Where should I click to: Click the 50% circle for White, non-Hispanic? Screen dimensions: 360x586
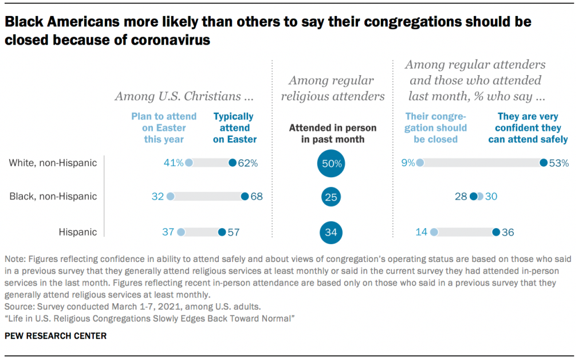(331, 163)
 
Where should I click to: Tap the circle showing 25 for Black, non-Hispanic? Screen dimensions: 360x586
(331, 197)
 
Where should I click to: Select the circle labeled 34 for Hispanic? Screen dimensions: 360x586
(331, 232)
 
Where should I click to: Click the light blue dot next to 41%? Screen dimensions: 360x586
(189, 163)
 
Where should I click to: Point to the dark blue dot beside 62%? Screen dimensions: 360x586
(232, 163)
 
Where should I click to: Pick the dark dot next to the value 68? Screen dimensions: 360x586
(245, 197)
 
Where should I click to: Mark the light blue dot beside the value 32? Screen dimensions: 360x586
(170, 197)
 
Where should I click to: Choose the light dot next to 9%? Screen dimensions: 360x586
(420, 163)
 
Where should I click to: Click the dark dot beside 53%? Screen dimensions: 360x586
(543, 163)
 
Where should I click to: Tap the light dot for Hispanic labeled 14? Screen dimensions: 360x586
(434, 232)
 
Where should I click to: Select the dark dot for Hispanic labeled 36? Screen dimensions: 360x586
(495, 232)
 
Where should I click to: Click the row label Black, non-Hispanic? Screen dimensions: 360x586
(53, 197)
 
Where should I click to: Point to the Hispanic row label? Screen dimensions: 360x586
(78, 232)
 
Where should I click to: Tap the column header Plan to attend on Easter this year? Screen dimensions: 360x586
(164, 127)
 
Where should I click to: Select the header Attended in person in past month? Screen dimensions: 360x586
(332, 134)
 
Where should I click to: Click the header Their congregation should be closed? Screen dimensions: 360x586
(435, 127)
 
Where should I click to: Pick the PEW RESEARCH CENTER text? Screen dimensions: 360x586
(56, 336)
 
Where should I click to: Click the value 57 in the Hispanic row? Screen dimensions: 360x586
(233, 232)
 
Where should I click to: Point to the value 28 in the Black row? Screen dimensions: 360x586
(461, 197)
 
